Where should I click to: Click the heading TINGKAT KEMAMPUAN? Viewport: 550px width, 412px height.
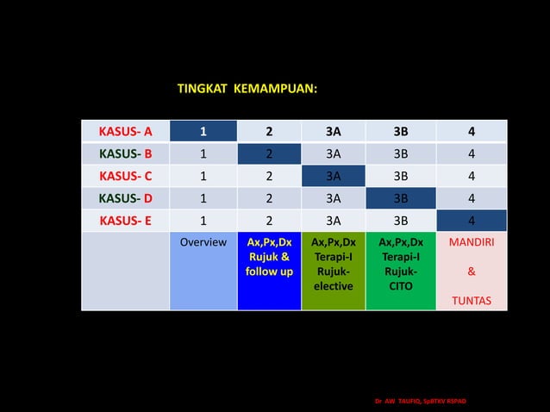pyautogui.click(x=247, y=89)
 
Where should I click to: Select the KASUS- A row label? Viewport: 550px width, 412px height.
pyautogui.click(x=126, y=132)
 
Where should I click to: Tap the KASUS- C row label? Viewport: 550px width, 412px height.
pyautogui.click(x=126, y=176)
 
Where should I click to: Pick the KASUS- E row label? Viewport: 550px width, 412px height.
pyautogui.click(x=126, y=220)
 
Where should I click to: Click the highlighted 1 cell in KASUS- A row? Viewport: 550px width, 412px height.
pyautogui.click(x=203, y=132)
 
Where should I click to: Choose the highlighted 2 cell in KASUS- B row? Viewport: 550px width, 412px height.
pyautogui.click(x=269, y=154)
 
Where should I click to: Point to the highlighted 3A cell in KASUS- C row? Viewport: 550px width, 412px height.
pyautogui.click(x=333, y=176)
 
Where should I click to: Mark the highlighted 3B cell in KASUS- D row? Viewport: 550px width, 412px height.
pyautogui.click(x=401, y=198)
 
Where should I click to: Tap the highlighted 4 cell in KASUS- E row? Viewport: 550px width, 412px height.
pyautogui.click(x=471, y=220)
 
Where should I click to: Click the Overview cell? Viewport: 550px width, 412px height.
pyautogui.click(x=203, y=243)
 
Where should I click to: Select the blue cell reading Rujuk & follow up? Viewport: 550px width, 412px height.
pyautogui.click(x=269, y=258)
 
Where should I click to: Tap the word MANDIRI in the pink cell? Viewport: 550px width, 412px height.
pyautogui.click(x=472, y=243)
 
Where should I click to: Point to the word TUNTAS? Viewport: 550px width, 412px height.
pyautogui.click(x=472, y=302)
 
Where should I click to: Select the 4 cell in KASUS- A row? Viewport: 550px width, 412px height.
pyautogui.click(x=471, y=132)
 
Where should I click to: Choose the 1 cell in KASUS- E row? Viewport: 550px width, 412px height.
pyautogui.click(x=203, y=220)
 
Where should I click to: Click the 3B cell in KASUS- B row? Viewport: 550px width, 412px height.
pyautogui.click(x=401, y=154)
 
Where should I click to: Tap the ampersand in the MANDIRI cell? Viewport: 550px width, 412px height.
pyautogui.click(x=472, y=272)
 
